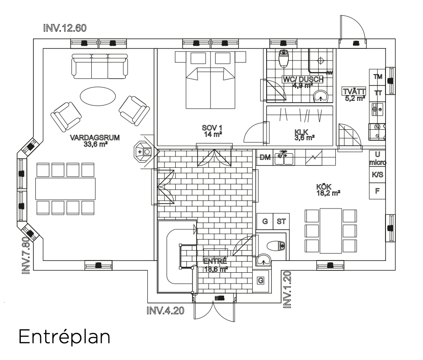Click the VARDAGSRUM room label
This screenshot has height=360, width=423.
point(95,137)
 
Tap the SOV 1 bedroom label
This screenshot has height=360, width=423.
point(212,128)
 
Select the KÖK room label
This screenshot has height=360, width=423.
point(324,187)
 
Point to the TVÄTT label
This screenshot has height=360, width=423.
point(354,91)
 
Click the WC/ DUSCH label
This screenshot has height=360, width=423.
point(303,80)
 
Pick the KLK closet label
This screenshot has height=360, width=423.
point(301,132)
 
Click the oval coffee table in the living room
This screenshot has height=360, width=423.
point(98,96)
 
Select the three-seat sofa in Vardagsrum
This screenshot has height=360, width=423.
point(99,66)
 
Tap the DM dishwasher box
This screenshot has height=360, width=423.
point(265,157)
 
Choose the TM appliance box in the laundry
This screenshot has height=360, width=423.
point(377,77)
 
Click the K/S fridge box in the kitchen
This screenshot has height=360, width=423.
point(377,175)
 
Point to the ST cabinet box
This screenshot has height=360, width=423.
point(281,222)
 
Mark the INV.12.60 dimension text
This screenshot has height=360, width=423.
point(65,28)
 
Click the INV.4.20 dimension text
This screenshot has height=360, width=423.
point(165,311)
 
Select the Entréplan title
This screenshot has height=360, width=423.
point(65,337)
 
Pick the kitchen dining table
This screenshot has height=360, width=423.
point(331,231)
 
